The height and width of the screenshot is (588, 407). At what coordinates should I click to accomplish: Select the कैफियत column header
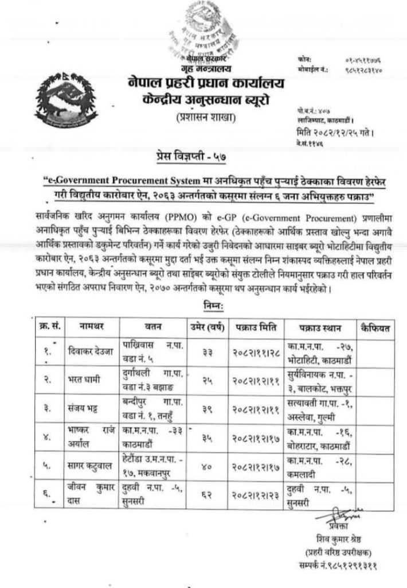pyautogui.click(x=375, y=328)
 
